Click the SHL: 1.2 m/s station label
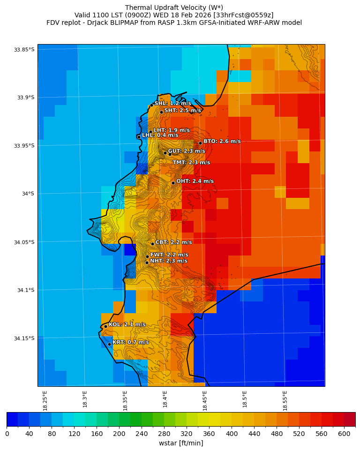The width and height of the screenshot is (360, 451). tap(172, 103)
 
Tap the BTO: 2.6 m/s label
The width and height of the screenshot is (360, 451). tap(222, 141)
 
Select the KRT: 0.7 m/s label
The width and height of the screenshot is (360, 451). tap(130, 342)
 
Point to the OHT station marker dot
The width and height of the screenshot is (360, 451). tap(173, 183)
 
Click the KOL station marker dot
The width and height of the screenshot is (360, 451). tap(105, 326)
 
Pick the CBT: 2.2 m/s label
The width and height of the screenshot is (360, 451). tap(173, 242)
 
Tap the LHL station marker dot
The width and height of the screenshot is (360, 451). tap(139, 137)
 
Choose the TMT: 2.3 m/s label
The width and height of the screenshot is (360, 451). tap(191, 163)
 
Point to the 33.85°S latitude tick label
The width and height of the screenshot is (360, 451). tap(24, 50)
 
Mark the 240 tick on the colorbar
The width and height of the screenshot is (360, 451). tap(142, 434)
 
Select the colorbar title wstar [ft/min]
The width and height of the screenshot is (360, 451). tap(181, 443)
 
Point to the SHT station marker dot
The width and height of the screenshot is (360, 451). tap(161, 112)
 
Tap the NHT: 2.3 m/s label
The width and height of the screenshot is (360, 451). tap(168, 261)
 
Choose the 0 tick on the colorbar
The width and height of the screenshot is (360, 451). tap(7, 434)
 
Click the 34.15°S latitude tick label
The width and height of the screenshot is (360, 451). tap(24, 338)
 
